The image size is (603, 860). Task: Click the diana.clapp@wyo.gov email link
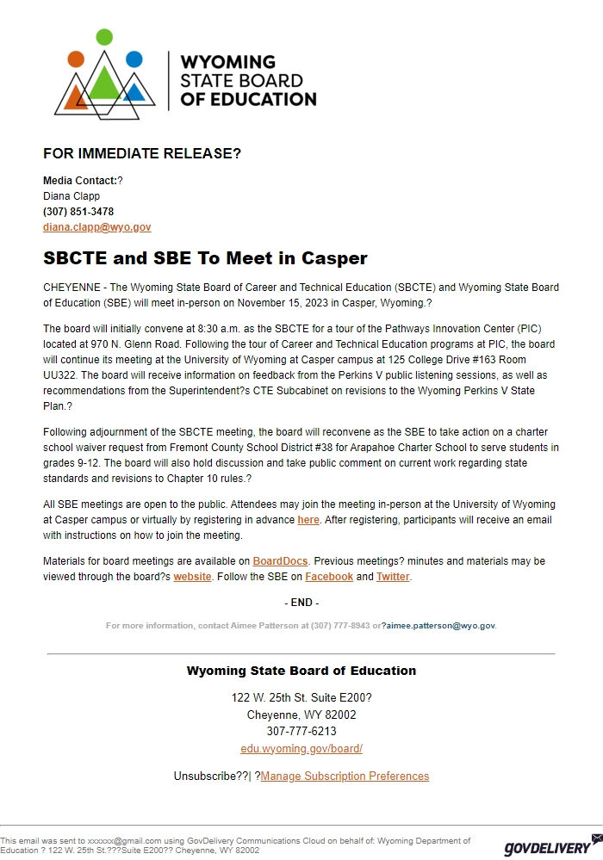pyautogui.click(x=96, y=227)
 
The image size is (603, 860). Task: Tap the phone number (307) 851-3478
pyautogui.click(x=78, y=212)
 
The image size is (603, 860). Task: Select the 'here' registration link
pyautogui.click(x=308, y=520)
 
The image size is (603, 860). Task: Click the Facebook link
pyautogui.click(x=328, y=577)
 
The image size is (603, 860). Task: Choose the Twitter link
pyautogui.click(x=393, y=577)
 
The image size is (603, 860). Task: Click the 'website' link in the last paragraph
pyautogui.click(x=192, y=577)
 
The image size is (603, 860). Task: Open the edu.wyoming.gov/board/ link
pyautogui.click(x=301, y=749)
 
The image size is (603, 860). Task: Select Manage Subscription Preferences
pyautogui.click(x=345, y=776)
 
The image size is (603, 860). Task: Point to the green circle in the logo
pyautogui.click(x=104, y=37)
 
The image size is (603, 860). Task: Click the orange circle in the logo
pyautogui.click(x=76, y=59)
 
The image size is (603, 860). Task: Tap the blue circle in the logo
pyautogui.click(x=134, y=59)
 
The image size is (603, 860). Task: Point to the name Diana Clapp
pyautogui.click(x=71, y=196)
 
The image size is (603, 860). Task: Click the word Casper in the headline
pyautogui.click(x=333, y=258)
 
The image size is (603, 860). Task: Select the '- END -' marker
pyautogui.click(x=301, y=603)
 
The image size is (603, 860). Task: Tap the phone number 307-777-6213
pyautogui.click(x=301, y=732)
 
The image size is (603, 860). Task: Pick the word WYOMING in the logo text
pyautogui.click(x=227, y=63)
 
